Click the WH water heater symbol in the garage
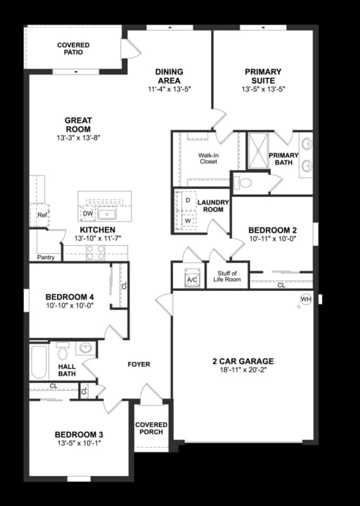(x=306, y=299)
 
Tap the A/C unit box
(x=192, y=279)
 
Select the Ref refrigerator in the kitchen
(x=42, y=215)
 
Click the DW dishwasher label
(x=88, y=214)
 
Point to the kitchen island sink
(x=108, y=214)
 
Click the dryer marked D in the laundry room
(x=188, y=200)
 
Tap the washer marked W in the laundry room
(x=188, y=220)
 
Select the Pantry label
(x=46, y=257)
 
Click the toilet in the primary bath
(x=245, y=183)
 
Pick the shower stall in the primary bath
(x=257, y=150)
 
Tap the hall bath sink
(x=85, y=348)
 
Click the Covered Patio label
(x=73, y=48)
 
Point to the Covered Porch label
(x=151, y=428)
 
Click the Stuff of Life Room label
(x=227, y=276)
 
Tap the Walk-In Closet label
(x=207, y=158)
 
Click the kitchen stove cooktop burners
(x=95, y=253)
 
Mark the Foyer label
(x=139, y=365)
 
